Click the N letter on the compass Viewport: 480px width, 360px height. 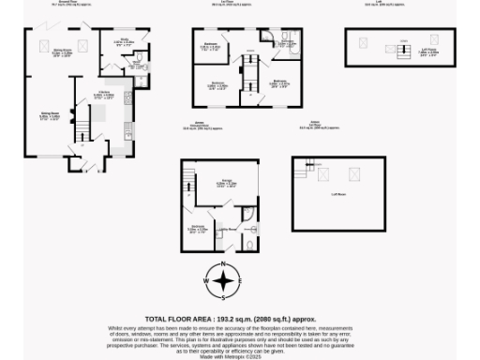223,265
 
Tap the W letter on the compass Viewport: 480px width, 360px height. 207,281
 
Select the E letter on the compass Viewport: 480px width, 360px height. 239,281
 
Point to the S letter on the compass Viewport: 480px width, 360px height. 223,297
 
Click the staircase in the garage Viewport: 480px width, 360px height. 187,176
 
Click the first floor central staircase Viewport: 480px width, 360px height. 249,72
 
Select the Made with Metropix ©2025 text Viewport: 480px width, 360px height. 223,356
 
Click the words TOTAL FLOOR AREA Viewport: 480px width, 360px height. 180,319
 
